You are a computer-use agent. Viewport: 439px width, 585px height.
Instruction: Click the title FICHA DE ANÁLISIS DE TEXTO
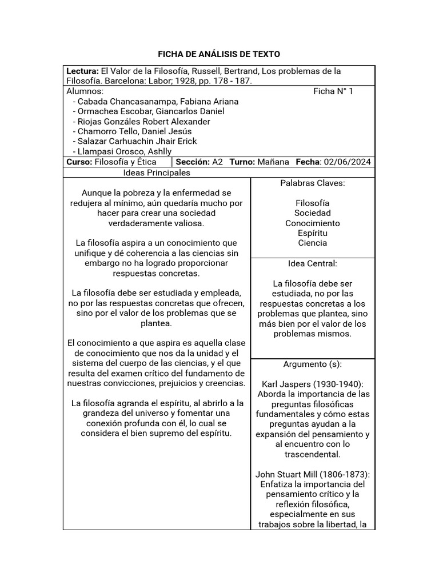point(219,54)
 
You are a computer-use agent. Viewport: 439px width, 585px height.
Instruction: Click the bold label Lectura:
point(82,71)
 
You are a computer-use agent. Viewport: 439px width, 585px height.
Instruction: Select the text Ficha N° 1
point(333,91)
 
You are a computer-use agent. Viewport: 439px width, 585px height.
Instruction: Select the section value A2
point(217,162)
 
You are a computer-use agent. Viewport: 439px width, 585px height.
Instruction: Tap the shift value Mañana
point(273,162)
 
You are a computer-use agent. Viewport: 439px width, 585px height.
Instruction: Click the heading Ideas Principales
point(157,173)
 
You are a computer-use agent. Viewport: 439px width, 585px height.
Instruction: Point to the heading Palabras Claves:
point(312,183)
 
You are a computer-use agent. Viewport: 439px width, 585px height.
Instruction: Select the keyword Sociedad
point(312,213)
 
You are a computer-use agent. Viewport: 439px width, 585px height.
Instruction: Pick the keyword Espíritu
point(312,233)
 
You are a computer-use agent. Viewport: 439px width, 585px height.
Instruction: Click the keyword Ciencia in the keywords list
point(312,243)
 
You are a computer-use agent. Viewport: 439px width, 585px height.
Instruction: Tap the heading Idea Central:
point(312,263)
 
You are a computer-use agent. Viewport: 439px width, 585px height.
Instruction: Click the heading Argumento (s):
point(312,364)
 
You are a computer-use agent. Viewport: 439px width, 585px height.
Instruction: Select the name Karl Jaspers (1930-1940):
point(312,384)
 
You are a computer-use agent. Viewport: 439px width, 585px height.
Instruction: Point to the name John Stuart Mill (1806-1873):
point(312,474)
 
